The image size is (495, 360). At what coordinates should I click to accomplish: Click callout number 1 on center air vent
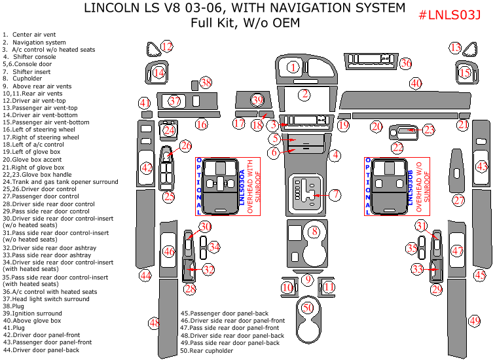click(x=293, y=67)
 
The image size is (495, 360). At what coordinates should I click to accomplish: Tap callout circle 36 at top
click(x=406, y=63)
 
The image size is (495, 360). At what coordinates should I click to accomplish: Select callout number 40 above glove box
click(x=416, y=83)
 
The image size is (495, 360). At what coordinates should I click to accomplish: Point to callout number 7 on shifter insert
click(x=335, y=194)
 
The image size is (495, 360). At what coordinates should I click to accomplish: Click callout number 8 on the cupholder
click(x=314, y=231)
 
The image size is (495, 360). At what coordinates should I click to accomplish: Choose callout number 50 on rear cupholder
click(x=306, y=308)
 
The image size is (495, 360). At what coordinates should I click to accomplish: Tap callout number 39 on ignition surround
click(x=257, y=99)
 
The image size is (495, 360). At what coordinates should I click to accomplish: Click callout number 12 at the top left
click(x=167, y=46)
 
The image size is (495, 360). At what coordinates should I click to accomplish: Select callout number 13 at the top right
click(x=456, y=47)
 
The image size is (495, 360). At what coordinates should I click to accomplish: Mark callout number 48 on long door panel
click(x=154, y=323)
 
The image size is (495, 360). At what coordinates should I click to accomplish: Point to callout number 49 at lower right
click(x=475, y=321)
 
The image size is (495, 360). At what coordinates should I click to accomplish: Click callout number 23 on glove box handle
click(x=428, y=130)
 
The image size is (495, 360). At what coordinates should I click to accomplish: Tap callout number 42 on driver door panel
click(x=147, y=168)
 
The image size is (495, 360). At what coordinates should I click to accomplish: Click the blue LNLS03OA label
click(x=242, y=187)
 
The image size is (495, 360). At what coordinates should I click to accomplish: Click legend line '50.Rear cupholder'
click(x=206, y=351)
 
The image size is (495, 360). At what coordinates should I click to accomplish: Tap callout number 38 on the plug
click(x=206, y=82)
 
